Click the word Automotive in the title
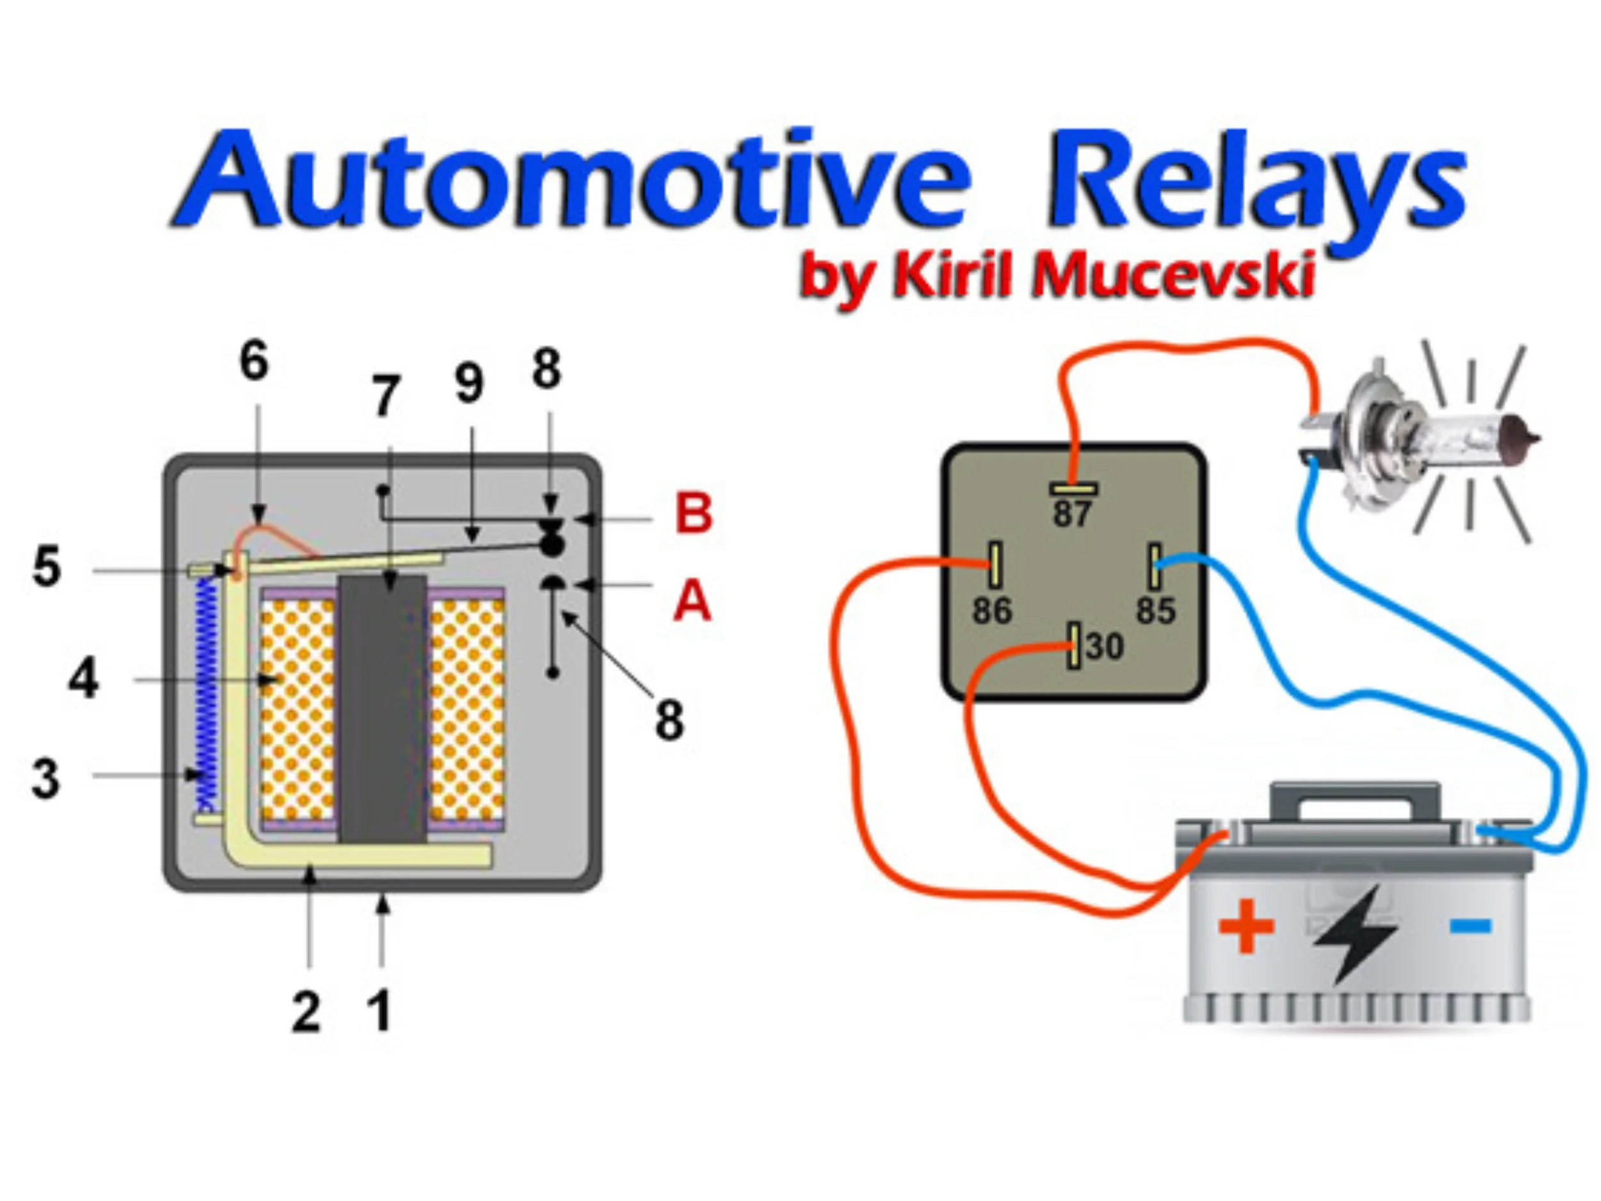(x=572, y=181)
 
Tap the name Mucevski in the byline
(x=1173, y=275)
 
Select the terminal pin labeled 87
(x=1073, y=489)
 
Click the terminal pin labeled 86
(x=995, y=565)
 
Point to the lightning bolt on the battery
(x=1353, y=934)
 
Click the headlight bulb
(x=1418, y=441)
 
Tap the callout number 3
(x=45, y=779)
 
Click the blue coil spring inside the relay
(x=207, y=695)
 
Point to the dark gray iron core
(x=382, y=710)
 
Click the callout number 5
(x=47, y=567)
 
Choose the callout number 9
(x=469, y=383)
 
